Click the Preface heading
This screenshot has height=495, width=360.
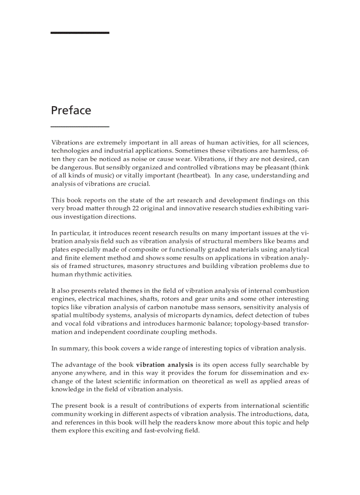pos(71,110)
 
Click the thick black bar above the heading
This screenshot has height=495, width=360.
pos(80,33)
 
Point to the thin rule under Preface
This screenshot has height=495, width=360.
pos(80,127)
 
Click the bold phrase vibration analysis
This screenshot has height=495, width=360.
pos(164,365)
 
